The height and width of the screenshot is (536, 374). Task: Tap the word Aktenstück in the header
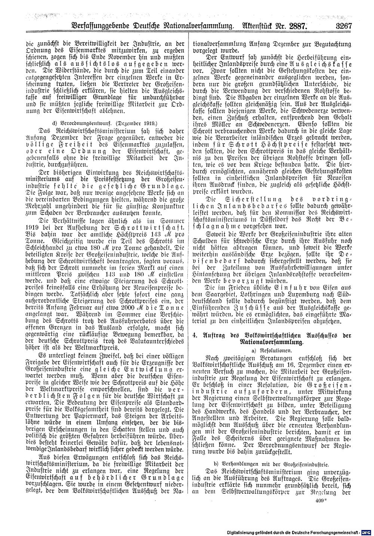click(253, 27)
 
